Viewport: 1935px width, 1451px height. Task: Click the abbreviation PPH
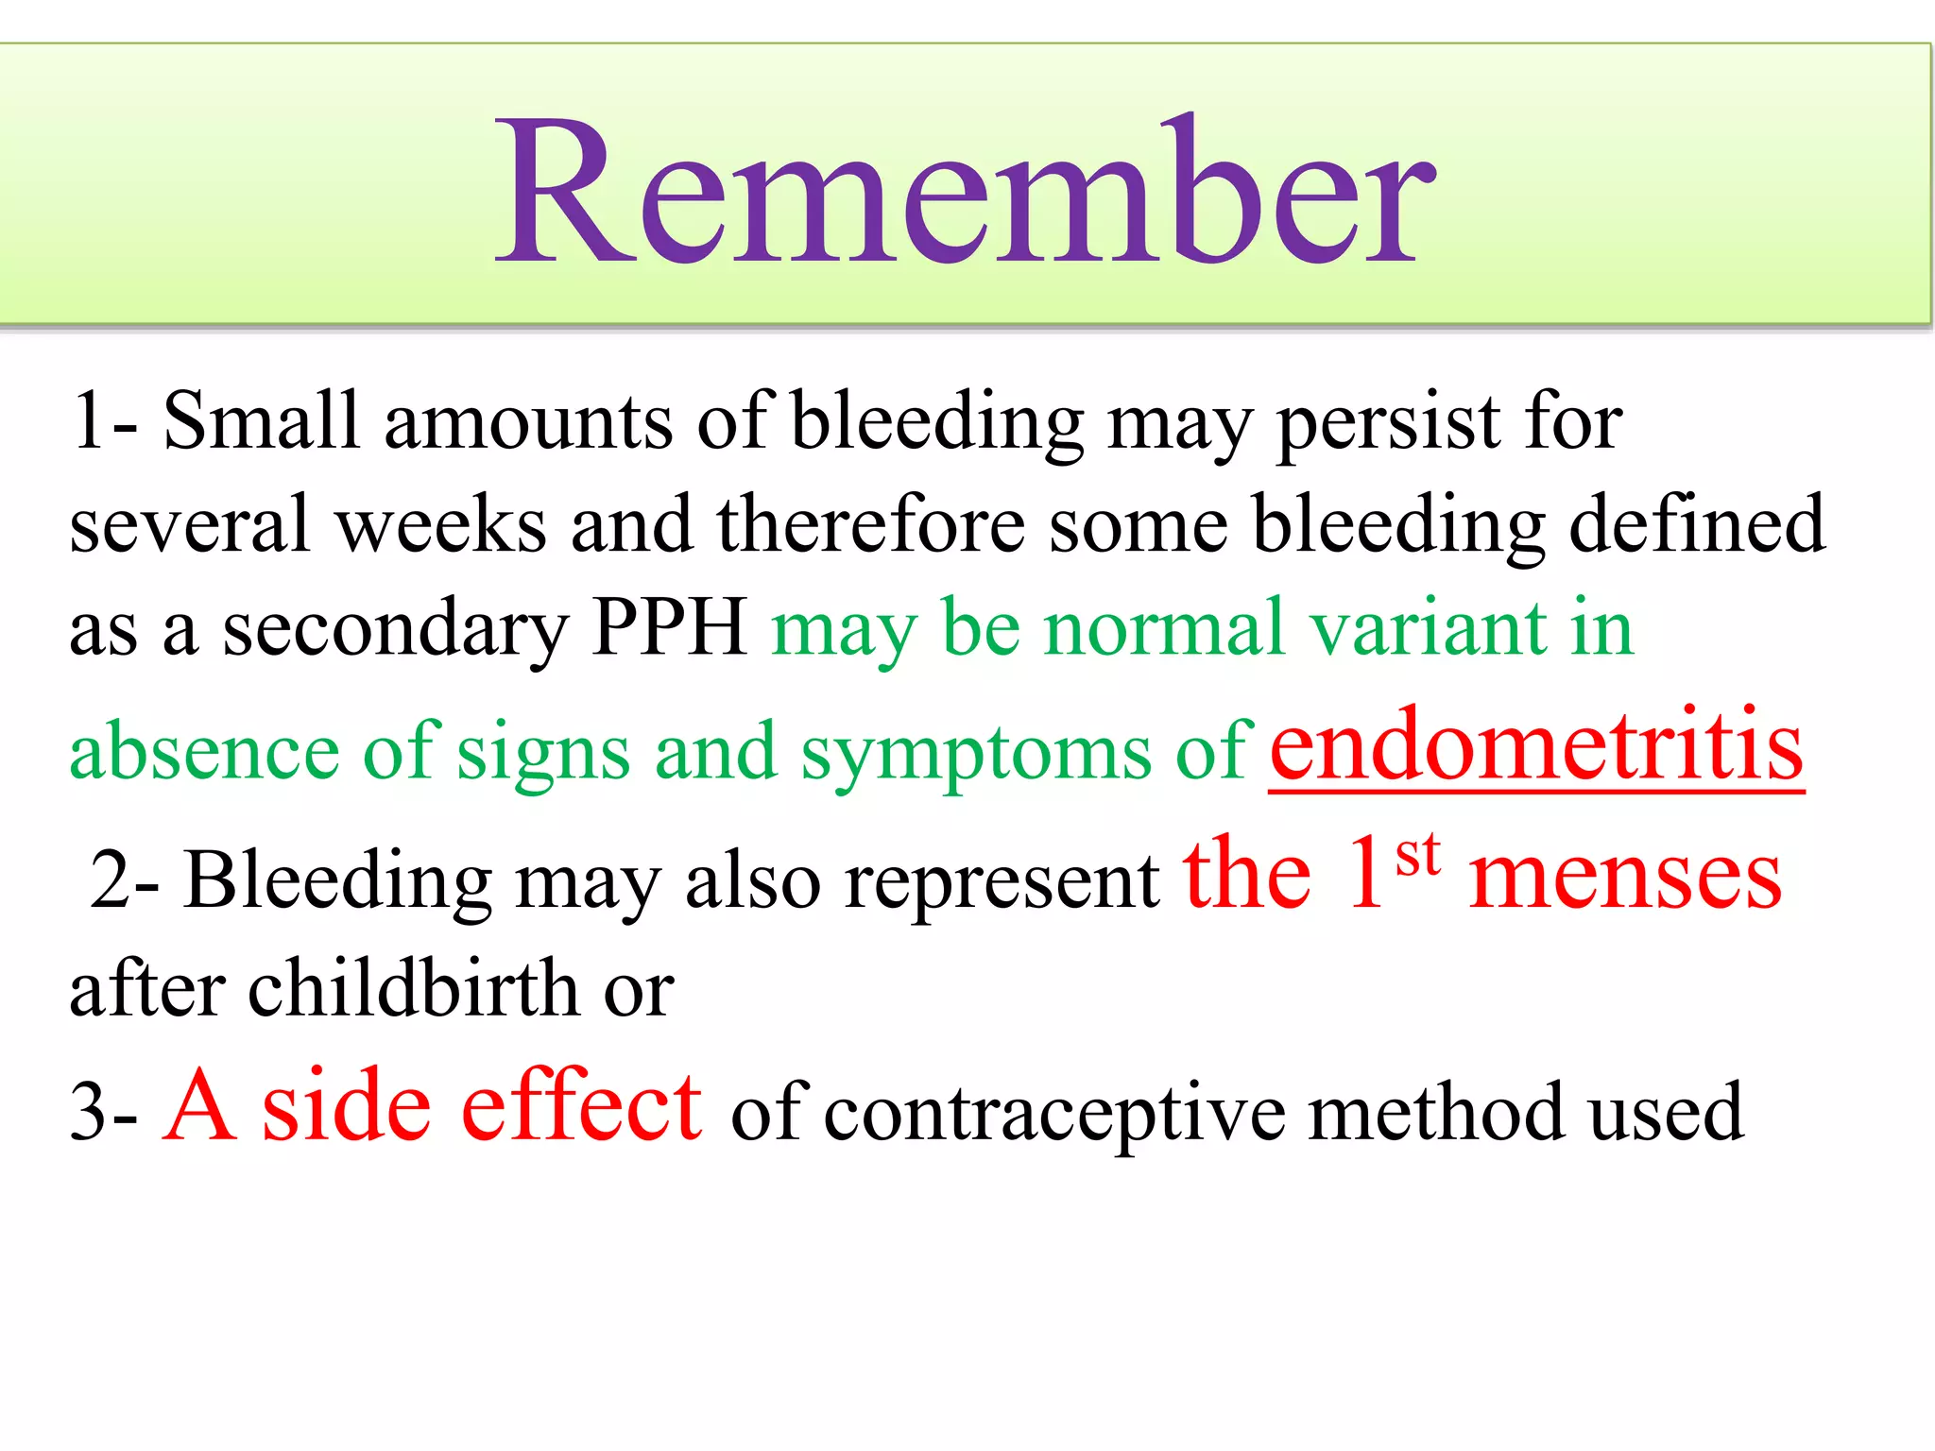(x=670, y=627)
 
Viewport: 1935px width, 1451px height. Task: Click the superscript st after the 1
(x=1418, y=856)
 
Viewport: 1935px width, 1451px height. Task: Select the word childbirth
(x=414, y=989)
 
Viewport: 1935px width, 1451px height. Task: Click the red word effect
(x=580, y=1107)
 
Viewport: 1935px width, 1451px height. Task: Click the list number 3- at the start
(x=104, y=1113)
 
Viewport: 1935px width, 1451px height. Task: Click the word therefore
(x=870, y=525)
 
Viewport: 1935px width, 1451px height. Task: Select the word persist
(x=1389, y=422)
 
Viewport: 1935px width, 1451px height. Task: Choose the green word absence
(x=204, y=752)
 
